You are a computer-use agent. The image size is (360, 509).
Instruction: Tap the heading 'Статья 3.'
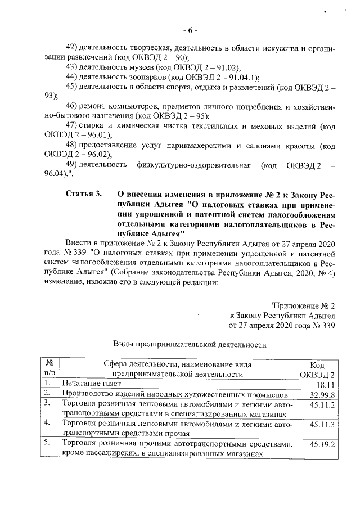[x=84, y=194]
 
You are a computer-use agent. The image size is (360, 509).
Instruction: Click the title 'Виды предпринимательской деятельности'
[x=190, y=344]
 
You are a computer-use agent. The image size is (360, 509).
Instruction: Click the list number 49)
[x=72, y=164]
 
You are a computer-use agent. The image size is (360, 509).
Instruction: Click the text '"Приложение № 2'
[x=302, y=305]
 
